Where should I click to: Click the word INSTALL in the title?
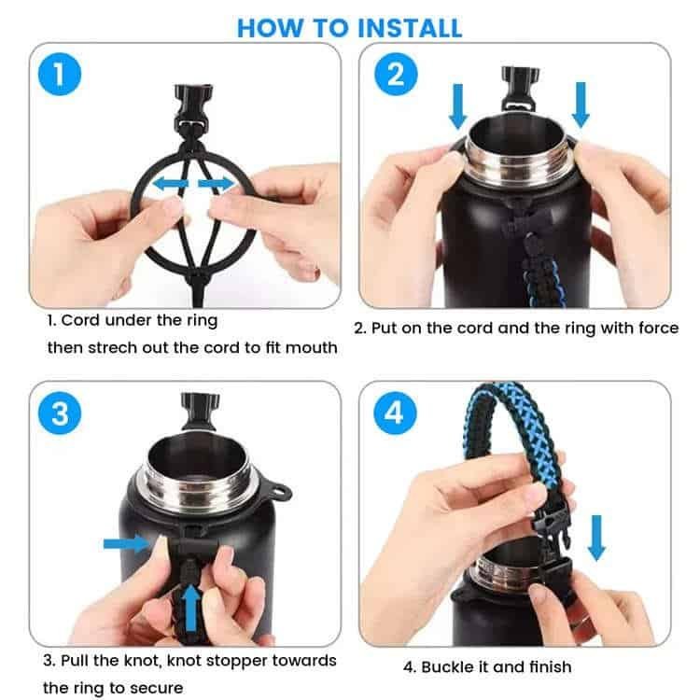(410, 28)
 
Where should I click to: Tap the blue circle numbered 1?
(60, 74)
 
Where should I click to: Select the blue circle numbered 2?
(396, 74)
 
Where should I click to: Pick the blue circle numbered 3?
(60, 413)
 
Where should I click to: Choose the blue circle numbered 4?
(395, 413)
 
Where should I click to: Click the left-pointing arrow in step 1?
(171, 183)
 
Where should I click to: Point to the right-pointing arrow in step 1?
(217, 183)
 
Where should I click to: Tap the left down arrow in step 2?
(457, 106)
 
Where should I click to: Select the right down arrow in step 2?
(581, 105)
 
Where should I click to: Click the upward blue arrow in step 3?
(191, 609)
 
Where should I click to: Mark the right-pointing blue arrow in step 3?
(127, 543)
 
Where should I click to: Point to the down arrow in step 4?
(596, 538)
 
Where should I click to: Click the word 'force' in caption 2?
(659, 329)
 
